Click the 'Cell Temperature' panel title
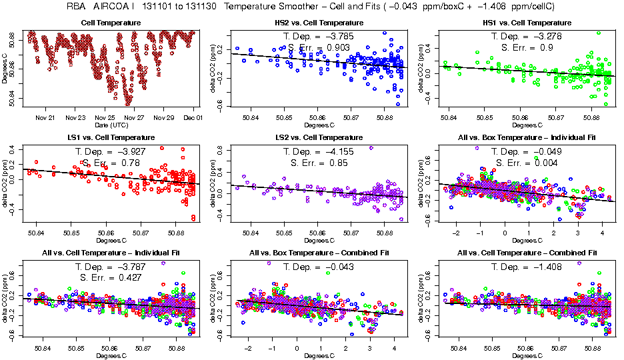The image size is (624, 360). coord(111,23)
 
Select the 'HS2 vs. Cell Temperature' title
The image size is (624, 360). coord(319,23)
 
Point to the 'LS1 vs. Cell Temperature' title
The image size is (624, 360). coord(111,137)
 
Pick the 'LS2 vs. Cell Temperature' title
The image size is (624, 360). coord(319,137)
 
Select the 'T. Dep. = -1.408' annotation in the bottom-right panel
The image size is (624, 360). coord(525,266)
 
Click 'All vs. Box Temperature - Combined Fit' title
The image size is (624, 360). coord(319,253)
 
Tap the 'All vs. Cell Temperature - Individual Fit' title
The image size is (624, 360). coord(111,253)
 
